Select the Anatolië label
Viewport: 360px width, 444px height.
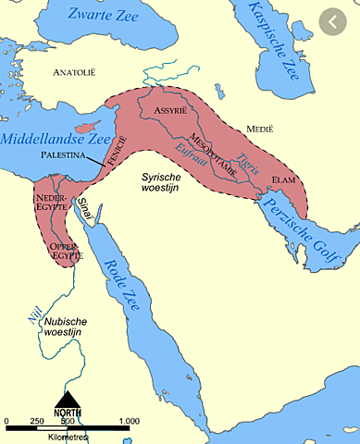pyautogui.click(x=77, y=71)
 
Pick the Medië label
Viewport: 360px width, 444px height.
pyautogui.click(x=254, y=128)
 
